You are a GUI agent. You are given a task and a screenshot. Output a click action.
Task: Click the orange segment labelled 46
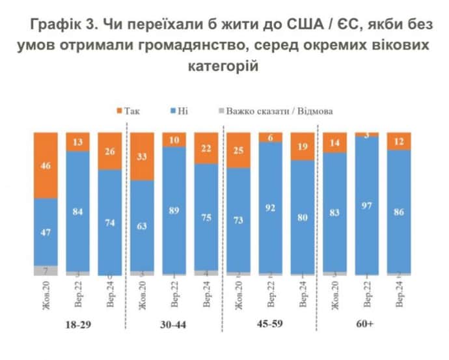[46, 165]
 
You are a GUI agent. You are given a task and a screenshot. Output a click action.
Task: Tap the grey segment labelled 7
[46, 270]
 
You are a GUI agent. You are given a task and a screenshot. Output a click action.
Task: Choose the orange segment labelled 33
[142, 156]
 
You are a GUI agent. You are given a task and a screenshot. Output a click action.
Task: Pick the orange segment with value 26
[109, 151]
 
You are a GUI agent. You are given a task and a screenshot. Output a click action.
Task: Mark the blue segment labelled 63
[142, 225]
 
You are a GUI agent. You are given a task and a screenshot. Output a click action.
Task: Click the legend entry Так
[128, 111]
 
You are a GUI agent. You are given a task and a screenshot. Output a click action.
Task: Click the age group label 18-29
[78, 324]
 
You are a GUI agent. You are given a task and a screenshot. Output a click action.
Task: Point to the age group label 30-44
[174, 324]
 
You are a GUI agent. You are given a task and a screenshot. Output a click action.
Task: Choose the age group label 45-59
[271, 324]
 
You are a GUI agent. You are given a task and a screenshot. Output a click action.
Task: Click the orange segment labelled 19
[303, 146]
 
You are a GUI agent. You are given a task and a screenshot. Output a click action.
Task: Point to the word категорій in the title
[224, 66]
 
